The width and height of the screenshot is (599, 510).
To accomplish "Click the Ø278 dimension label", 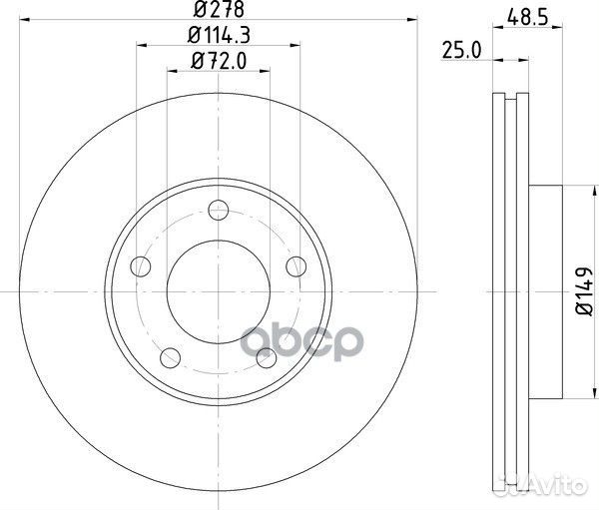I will [x=218, y=11].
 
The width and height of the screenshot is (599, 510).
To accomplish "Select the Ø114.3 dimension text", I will [x=218, y=37].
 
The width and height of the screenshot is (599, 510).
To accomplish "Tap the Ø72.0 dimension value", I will [x=218, y=63].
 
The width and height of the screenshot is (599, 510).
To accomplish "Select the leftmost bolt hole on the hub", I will [x=141, y=266].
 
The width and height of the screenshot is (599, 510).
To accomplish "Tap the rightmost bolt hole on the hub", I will [x=296, y=265].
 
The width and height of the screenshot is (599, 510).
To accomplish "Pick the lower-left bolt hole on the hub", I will [x=171, y=356].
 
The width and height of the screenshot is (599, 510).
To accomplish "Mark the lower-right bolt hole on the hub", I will [x=266, y=356].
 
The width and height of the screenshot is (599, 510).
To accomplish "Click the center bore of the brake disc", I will [x=218, y=290].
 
